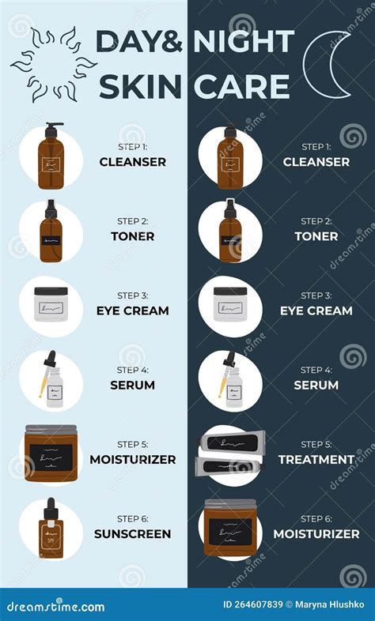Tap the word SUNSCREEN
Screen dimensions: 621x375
(132, 533)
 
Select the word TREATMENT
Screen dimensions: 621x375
(316, 459)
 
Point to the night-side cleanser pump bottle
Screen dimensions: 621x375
(229, 157)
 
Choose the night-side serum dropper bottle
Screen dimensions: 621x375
(230, 380)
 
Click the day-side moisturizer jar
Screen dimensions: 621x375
(53, 454)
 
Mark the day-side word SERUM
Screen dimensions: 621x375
(132, 385)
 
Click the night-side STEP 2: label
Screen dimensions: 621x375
(316, 221)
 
